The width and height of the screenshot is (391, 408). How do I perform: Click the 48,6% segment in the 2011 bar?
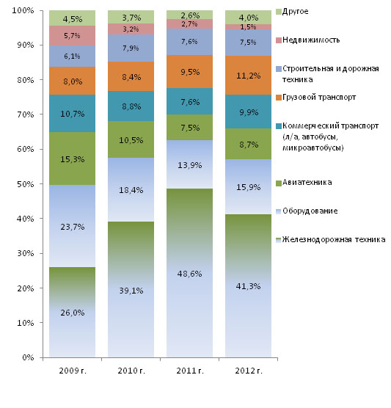(x=189, y=272)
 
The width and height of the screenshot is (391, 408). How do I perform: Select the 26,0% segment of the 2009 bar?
(x=72, y=312)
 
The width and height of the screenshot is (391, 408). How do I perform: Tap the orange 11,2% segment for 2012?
(x=248, y=75)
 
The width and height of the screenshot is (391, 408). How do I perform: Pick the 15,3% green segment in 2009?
(x=72, y=159)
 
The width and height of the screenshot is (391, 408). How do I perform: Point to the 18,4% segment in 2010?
(x=131, y=189)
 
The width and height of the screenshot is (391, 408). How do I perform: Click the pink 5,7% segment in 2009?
(x=72, y=36)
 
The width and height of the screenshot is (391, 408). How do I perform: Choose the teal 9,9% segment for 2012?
(x=248, y=112)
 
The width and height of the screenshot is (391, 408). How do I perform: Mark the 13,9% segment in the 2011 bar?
(x=189, y=164)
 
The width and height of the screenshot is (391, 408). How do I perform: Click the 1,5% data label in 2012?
(x=248, y=27)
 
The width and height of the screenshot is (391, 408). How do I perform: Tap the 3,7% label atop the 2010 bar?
(x=131, y=18)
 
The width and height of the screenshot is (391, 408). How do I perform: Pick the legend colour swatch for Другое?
(x=279, y=12)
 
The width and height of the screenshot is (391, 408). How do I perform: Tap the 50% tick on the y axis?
(x=41, y=183)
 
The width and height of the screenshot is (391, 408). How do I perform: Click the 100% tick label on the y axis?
(x=23, y=11)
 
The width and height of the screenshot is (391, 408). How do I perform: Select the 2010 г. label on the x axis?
(x=131, y=371)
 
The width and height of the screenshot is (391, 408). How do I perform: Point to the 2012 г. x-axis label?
(x=249, y=371)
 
